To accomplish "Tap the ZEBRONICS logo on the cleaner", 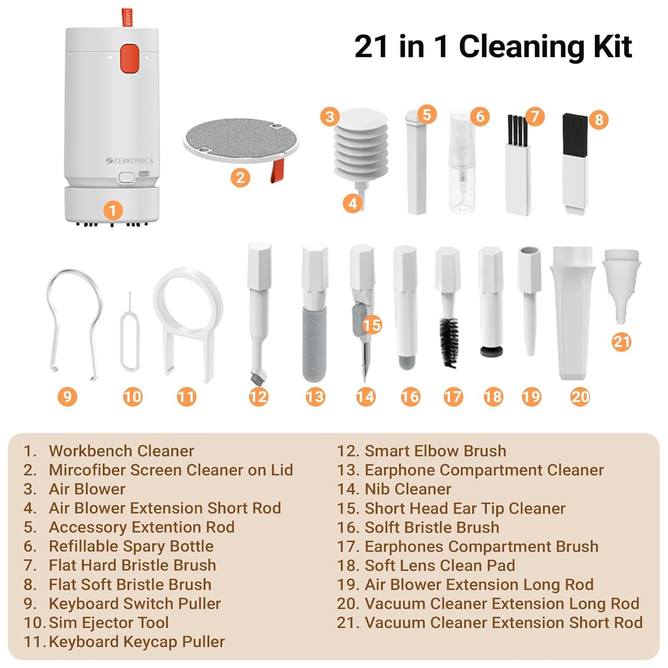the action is coord(129,160).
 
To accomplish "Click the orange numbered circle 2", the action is coord(240,178).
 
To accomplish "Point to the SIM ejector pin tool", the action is coord(130,332).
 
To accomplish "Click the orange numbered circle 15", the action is coord(372,325).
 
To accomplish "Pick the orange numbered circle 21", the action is coord(621,342).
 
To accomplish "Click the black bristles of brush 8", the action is coord(575,134).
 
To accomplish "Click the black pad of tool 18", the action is coord(492,351).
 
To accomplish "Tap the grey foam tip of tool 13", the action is coord(314,343).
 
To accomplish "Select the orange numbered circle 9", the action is coord(67,396).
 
